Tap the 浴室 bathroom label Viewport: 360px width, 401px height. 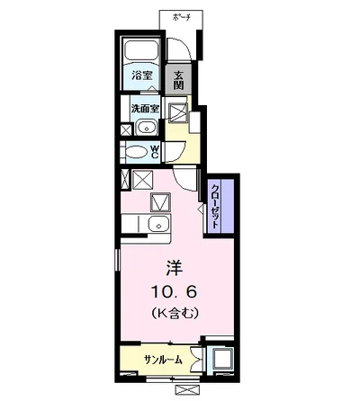(140, 76)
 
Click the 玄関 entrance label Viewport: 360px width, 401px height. (179, 79)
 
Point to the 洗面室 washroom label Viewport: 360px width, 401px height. (144, 109)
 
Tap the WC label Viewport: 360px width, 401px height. (155, 152)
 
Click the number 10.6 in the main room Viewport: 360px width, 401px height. (173, 290)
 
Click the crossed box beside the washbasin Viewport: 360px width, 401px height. (124, 129)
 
